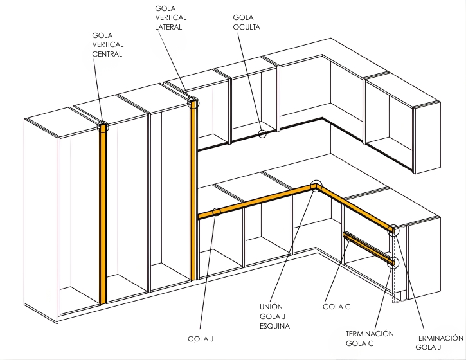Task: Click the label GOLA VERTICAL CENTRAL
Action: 107,44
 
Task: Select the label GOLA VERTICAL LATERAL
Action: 169,18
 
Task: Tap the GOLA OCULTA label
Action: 247,22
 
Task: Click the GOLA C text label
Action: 336,307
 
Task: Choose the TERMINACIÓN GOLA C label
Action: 370,339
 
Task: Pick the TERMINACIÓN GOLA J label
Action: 440,343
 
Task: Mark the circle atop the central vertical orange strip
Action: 103,126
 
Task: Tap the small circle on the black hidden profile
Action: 262,134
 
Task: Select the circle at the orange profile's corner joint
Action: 315,186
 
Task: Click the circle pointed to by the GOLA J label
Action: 217,212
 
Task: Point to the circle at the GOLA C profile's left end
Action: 349,237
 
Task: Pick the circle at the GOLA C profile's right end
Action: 393,262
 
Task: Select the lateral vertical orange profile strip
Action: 192,193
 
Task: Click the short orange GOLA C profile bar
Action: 371,249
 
